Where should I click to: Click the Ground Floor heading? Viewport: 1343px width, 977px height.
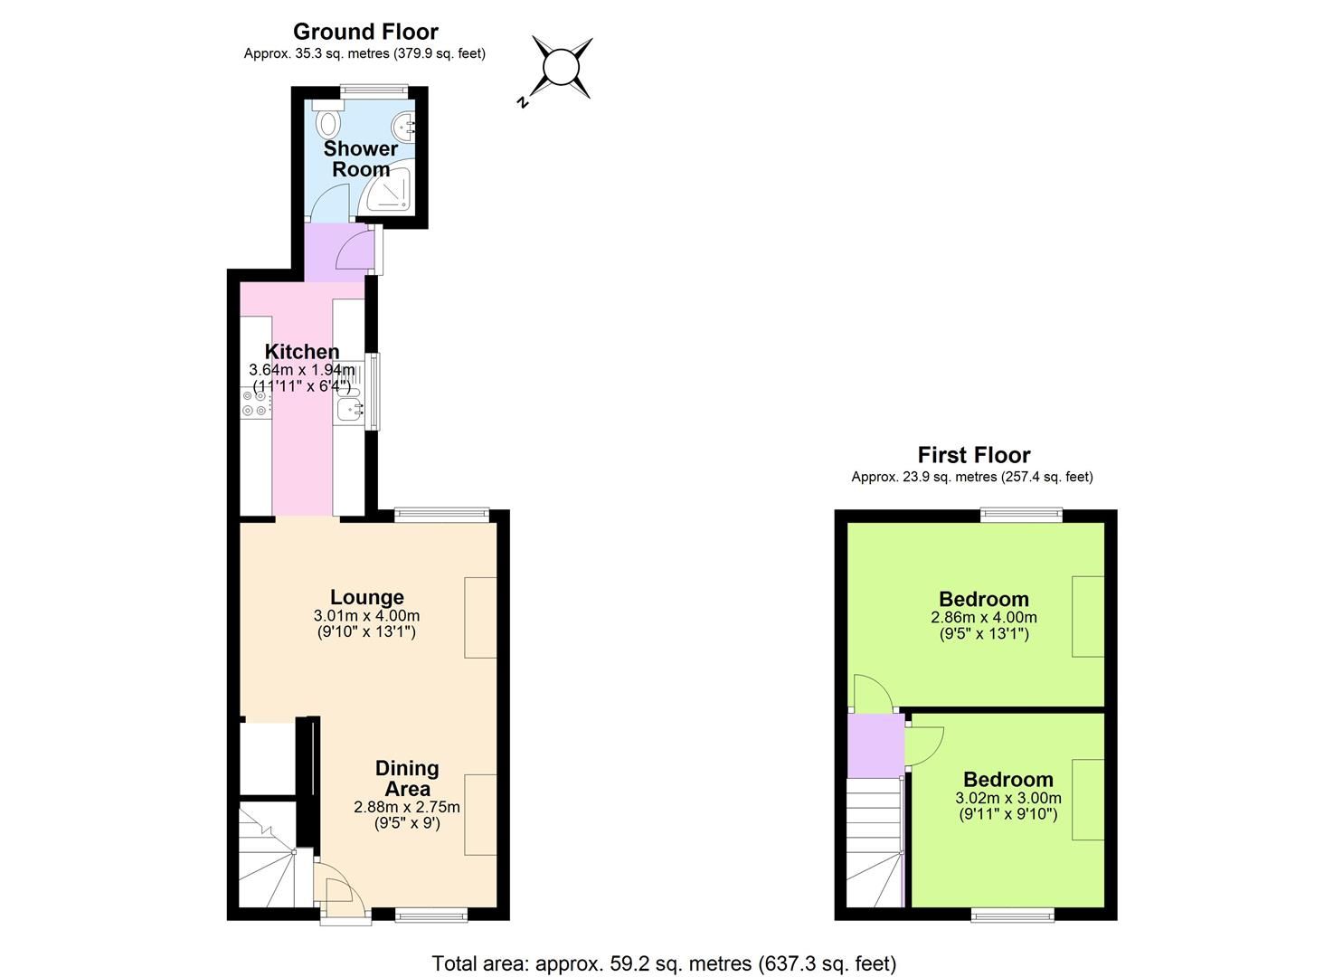pos(365,32)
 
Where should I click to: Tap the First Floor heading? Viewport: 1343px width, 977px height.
pos(973,455)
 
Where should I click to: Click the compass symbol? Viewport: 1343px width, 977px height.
pos(561,68)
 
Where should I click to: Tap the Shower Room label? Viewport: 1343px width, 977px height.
pos(361,158)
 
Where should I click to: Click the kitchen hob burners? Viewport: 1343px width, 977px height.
pos(255,403)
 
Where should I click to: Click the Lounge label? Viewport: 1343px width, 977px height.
pos(366,597)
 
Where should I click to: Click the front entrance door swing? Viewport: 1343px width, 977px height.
pos(343,896)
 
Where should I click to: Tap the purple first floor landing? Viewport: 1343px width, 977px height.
pos(875,745)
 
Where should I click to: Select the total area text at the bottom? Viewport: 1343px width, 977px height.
pos(664,963)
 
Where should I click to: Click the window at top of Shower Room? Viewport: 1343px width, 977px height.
pos(374,89)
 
